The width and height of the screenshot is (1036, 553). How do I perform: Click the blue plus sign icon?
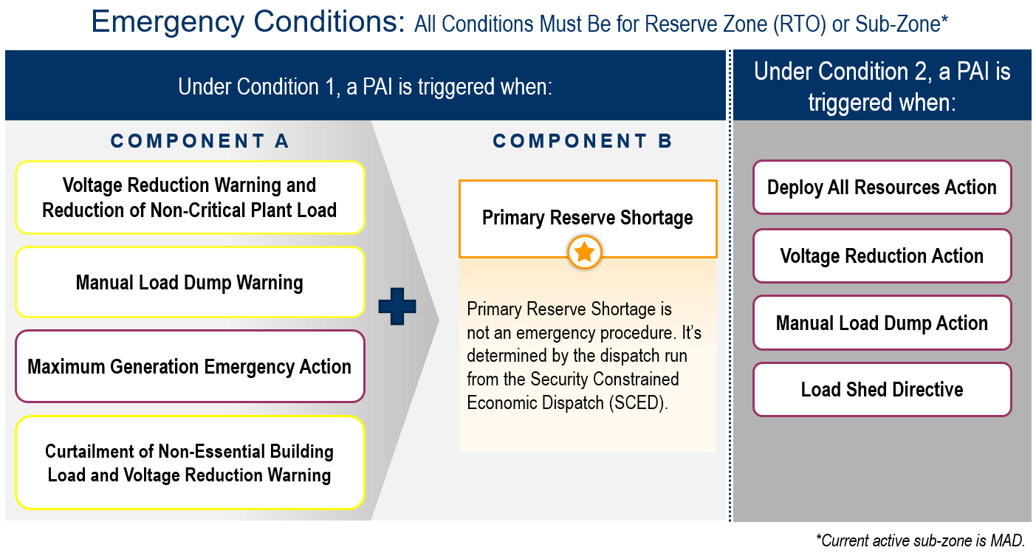click(x=397, y=306)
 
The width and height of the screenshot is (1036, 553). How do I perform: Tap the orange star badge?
click(x=585, y=253)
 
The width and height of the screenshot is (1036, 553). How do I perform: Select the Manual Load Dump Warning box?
click(x=190, y=282)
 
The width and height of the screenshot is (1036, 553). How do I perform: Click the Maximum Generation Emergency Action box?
click(x=190, y=366)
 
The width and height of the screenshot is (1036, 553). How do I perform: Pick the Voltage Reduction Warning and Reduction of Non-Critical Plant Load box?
click(x=190, y=197)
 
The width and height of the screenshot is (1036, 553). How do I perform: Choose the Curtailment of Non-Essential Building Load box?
click(x=190, y=463)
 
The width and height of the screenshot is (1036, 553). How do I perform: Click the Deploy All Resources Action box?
click(x=882, y=188)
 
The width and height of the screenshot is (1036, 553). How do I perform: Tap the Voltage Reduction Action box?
click(x=882, y=255)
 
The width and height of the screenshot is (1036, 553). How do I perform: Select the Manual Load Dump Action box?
click(x=882, y=323)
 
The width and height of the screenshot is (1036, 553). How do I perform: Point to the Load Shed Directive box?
click(x=882, y=389)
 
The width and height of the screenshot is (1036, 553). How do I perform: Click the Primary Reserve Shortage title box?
click(x=588, y=219)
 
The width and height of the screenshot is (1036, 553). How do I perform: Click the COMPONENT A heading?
click(x=199, y=141)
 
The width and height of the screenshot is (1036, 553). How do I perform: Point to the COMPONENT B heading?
click(x=583, y=141)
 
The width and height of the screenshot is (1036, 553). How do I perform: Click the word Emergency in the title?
click(x=168, y=22)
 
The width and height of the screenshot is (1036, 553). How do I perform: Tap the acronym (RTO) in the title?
click(x=799, y=24)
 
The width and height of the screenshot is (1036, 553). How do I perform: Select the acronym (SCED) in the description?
click(x=638, y=402)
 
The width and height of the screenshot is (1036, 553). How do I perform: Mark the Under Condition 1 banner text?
click(x=366, y=86)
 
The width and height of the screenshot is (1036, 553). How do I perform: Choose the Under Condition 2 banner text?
click(x=882, y=86)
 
